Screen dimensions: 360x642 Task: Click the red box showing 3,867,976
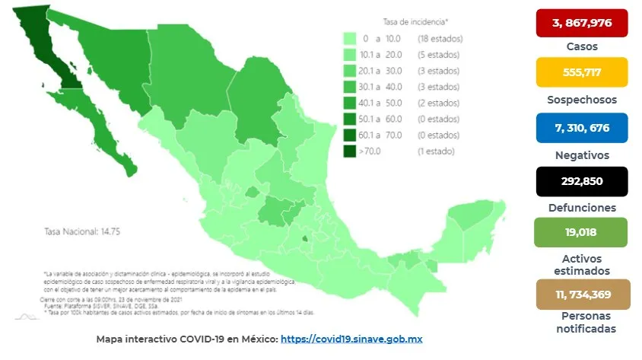click(x=581, y=23)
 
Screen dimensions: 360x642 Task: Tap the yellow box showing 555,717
click(x=581, y=72)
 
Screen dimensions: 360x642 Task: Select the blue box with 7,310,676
click(x=581, y=127)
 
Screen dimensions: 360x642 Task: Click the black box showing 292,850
click(x=581, y=181)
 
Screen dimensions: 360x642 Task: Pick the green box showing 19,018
click(x=581, y=233)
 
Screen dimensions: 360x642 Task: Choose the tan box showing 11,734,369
click(x=581, y=295)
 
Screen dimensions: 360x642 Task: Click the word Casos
click(x=581, y=46)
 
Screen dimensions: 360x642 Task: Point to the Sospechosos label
click(x=581, y=100)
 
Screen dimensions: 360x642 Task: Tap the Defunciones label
click(x=581, y=207)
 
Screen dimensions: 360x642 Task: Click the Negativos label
click(x=581, y=155)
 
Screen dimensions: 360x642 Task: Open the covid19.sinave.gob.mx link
click(x=357, y=339)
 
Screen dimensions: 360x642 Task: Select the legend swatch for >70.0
click(x=351, y=151)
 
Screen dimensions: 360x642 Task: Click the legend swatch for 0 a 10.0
click(x=351, y=38)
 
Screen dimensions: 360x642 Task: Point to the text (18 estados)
click(x=439, y=38)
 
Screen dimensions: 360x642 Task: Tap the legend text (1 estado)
click(x=436, y=151)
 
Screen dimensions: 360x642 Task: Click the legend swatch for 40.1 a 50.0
click(x=351, y=103)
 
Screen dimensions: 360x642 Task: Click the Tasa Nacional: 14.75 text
click(x=75, y=231)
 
